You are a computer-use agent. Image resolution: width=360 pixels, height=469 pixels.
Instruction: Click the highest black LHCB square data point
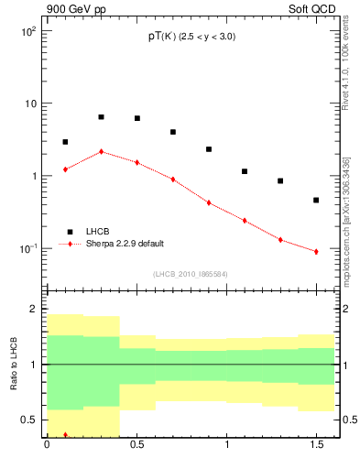[x=101, y=117]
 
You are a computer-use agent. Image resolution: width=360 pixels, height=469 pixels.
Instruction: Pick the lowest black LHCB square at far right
[x=316, y=200]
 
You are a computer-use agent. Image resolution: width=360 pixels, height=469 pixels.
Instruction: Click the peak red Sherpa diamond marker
[x=101, y=151]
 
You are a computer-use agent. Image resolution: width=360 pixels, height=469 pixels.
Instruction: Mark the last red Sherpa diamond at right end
[x=316, y=251]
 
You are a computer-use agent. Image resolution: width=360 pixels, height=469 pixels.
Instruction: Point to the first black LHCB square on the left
[x=65, y=142]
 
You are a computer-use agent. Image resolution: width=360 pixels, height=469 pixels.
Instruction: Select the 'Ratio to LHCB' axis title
[x=12, y=365]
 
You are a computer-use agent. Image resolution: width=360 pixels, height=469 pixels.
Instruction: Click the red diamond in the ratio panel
[x=65, y=435]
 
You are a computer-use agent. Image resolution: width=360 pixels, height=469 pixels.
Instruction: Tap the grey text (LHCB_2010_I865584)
[x=191, y=274]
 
